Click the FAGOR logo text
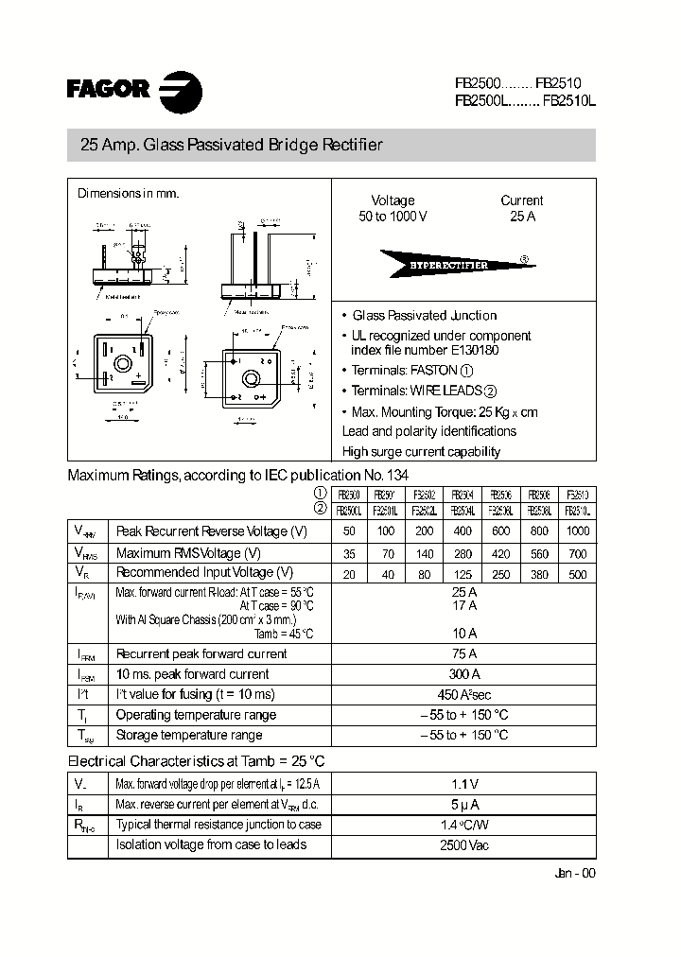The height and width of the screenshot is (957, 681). point(108,90)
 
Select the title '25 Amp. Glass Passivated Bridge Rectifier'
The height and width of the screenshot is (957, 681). point(232,146)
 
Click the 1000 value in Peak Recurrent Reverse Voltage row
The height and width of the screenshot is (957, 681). point(576,532)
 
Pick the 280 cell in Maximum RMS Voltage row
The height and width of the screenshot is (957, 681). point(463,553)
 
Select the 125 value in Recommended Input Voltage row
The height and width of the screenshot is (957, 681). point(463,573)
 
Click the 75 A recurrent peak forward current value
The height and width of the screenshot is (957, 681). point(463,653)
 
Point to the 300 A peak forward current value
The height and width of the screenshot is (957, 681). point(463,674)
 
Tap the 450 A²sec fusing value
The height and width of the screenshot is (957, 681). point(463,695)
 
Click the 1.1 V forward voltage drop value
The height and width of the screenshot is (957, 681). point(463,784)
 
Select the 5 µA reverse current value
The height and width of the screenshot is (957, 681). point(463,805)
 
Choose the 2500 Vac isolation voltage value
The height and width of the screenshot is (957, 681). point(463,845)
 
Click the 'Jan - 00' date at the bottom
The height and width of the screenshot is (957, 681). point(575,873)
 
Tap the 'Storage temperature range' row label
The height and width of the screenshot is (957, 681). point(188,735)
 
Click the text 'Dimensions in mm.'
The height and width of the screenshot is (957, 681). point(128,193)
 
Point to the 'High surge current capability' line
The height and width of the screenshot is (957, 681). point(421,452)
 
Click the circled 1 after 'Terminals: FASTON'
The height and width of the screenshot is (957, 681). point(466,371)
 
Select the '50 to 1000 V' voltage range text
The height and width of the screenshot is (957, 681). point(393,217)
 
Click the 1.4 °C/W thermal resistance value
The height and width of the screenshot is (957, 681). point(463,825)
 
